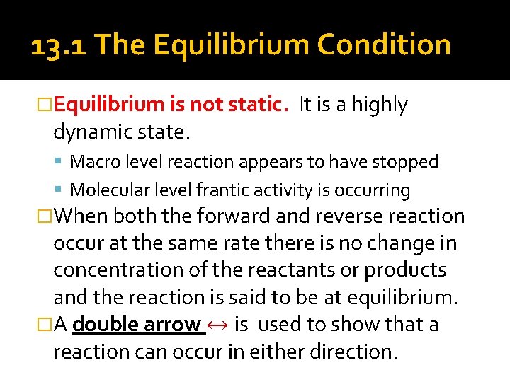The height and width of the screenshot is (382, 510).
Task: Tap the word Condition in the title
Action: [384, 45]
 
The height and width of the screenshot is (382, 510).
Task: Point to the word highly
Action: [380, 105]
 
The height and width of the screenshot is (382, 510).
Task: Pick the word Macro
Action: [93, 161]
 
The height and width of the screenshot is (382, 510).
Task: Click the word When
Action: [81, 216]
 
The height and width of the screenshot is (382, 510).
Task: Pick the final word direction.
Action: [348, 352]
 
